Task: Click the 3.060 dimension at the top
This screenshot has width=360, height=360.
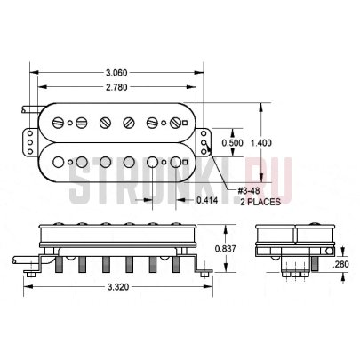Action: pyautogui.click(x=115, y=72)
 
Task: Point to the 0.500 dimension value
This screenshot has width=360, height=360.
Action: pyautogui.click(x=232, y=143)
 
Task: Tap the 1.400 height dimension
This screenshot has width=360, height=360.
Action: pyautogui.click(x=260, y=143)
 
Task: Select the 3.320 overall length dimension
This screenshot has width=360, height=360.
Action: pyautogui.click(x=116, y=289)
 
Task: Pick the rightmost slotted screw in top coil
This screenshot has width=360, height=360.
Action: pyautogui.click(x=175, y=123)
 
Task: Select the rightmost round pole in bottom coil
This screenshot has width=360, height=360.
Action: pyautogui.click(x=175, y=162)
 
